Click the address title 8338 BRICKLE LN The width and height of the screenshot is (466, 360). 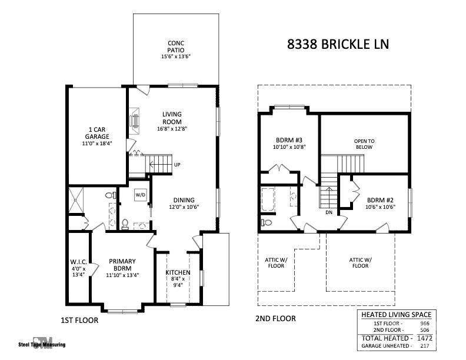338,44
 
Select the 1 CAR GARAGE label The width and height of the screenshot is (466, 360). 97,135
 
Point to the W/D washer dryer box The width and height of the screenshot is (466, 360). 140,195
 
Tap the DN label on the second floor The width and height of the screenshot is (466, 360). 329,212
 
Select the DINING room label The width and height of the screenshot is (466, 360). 184,200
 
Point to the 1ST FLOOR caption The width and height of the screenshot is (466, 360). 79,321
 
